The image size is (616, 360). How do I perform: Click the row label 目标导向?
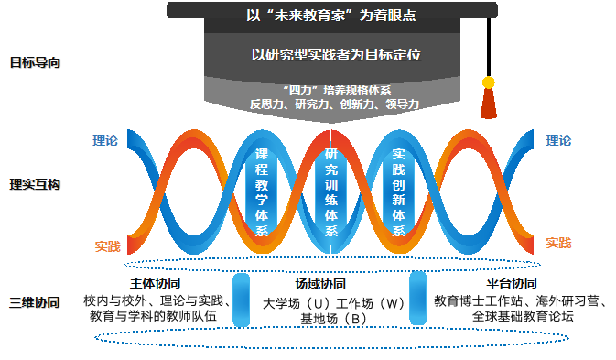click(35, 62)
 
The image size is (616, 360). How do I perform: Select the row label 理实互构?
click(35, 184)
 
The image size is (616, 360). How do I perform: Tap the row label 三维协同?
click(35, 302)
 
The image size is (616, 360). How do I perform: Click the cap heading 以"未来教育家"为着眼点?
click(331, 16)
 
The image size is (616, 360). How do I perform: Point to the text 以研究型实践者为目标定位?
click(336, 55)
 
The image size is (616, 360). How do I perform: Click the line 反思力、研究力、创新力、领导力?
click(335, 104)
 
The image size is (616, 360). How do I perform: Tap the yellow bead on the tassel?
click(489, 82)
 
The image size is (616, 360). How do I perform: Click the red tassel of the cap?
click(489, 103)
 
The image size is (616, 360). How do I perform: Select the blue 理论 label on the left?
click(105, 140)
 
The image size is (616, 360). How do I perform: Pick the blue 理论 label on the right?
click(558, 140)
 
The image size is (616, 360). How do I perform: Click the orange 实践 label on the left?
click(108, 246)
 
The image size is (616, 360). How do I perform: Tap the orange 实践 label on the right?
click(558, 244)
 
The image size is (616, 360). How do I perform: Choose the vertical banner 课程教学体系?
click(262, 192)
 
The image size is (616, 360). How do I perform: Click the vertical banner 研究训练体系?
click(331, 192)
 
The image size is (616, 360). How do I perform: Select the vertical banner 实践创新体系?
click(398, 192)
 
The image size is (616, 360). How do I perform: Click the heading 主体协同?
click(156, 283)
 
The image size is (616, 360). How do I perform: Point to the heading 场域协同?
click(320, 284)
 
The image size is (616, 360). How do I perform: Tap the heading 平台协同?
click(512, 283)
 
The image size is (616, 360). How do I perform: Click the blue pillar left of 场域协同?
click(242, 300)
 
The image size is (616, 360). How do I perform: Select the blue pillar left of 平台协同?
click(417, 298)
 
